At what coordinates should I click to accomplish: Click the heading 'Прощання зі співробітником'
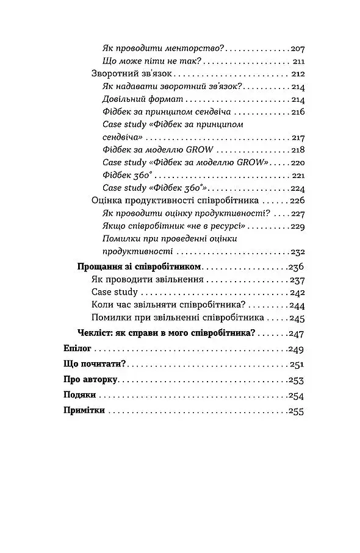[x=140, y=267]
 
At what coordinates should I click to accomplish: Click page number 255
[x=296, y=412]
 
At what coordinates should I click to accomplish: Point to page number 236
[x=296, y=267]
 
